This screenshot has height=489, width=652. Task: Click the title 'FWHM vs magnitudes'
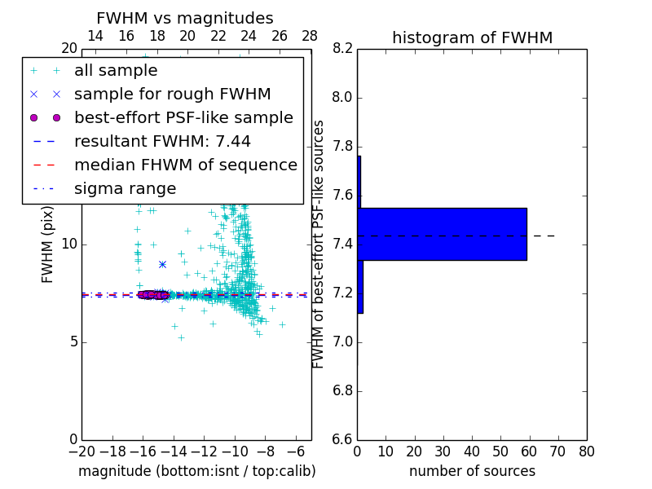coord(184,18)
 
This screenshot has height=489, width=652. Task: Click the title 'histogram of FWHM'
coord(472,37)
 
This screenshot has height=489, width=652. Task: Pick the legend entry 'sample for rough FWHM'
coord(172,95)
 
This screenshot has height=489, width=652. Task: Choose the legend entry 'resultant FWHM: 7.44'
coord(162,142)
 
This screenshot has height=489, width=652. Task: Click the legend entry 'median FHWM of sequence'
coord(185,165)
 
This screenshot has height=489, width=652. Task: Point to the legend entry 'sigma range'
coord(125,189)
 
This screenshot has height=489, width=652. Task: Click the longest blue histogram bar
coord(443,234)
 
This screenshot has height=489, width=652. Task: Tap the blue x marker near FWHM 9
coord(162,264)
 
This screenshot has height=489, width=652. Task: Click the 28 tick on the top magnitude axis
coord(310,36)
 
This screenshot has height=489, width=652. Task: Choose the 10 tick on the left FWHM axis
coord(68,244)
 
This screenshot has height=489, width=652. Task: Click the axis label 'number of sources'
coord(472,471)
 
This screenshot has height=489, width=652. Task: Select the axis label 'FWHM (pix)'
coord(48,244)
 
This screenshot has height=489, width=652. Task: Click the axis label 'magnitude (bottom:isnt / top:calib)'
coord(196,471)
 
